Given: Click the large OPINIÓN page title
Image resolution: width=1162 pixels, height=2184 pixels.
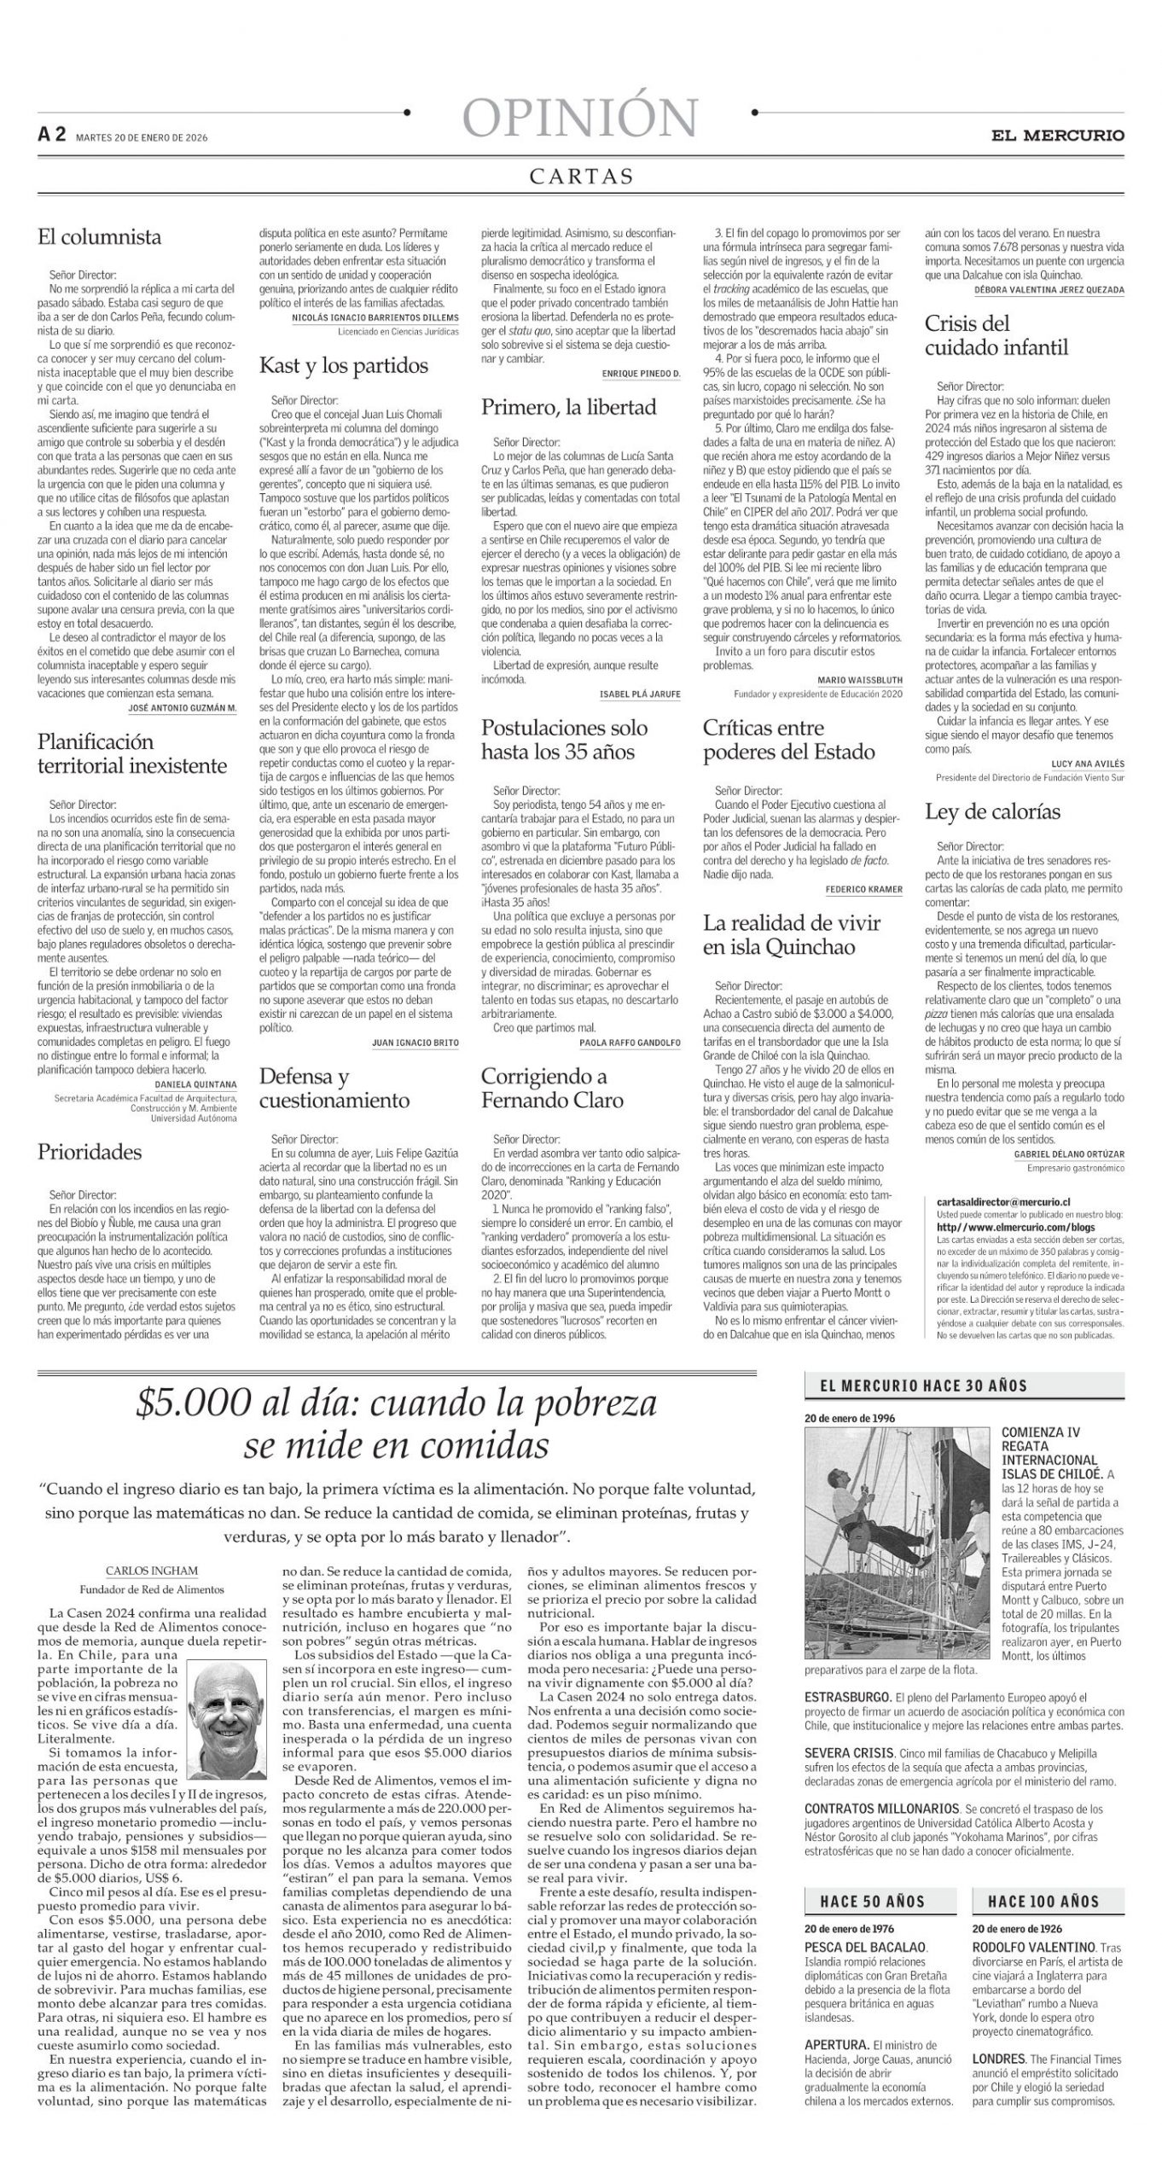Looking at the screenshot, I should (x=581, y=117).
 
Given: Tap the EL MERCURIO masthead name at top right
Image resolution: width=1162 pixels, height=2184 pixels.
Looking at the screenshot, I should (x=1057, y=135).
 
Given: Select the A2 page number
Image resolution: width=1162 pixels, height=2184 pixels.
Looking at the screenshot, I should (x=51, y=134).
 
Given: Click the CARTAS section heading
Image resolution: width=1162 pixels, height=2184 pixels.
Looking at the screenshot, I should (x=581, y=177).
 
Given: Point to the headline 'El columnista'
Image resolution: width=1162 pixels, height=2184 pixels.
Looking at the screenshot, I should (x=99, y=236).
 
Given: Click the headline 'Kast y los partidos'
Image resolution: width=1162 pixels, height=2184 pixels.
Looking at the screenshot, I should (x=344, y=366).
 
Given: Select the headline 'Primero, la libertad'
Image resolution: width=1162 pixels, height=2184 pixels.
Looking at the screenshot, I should (x=568, y=407).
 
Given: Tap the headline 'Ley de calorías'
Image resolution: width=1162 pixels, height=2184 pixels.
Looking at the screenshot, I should (x=992, y=811).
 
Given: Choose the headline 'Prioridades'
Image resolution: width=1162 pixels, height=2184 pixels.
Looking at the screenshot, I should (x=90, y=1152).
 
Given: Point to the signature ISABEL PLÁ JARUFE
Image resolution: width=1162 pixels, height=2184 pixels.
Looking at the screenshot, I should (x=640, y=694).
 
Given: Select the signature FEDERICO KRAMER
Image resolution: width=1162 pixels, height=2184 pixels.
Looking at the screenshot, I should (x=863, y=890).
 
